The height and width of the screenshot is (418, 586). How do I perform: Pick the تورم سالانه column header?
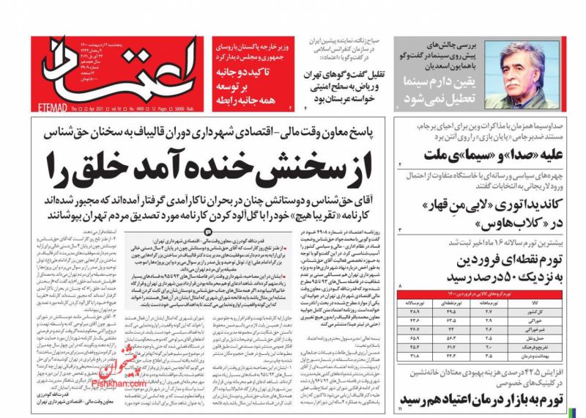click(x=424, y=301)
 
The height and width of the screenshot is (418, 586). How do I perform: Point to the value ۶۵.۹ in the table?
click(x=424, y=339)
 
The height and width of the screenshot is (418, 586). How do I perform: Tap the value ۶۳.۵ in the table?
click(x=462, y=320)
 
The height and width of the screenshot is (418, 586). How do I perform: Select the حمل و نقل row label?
click(x=554, y=339)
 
